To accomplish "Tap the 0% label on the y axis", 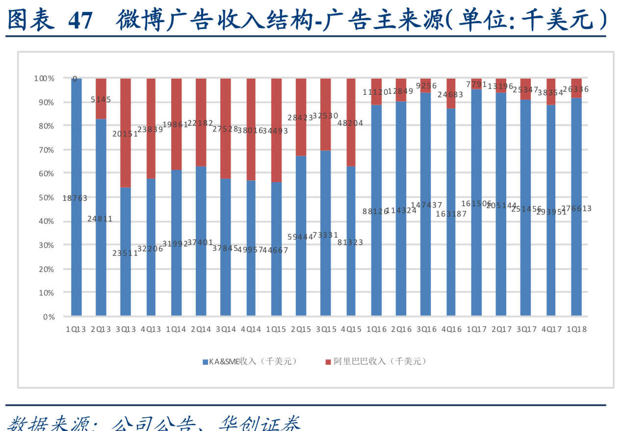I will click(48, 317).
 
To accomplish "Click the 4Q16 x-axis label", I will click(451, 329).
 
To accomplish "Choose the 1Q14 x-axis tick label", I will click(176, 329).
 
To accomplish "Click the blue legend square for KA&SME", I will click(205, 362).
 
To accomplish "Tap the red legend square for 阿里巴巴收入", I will click(328, 362).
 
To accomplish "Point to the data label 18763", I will click(75, 198).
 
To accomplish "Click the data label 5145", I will click(101, 99).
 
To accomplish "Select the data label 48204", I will click(350, 123).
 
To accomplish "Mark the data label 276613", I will click(576, 209).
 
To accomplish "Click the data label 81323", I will click(350, 242).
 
